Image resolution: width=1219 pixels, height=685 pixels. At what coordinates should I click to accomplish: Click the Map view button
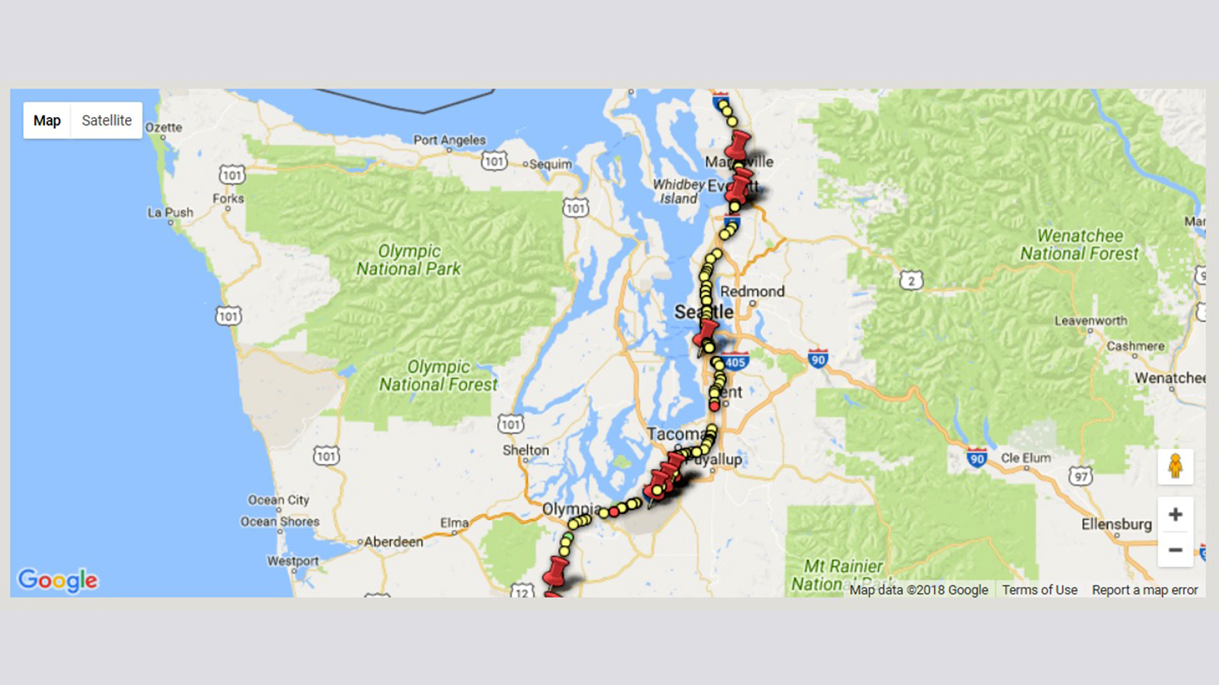tap(47, 120)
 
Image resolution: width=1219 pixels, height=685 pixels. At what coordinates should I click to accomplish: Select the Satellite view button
tap(107, 120)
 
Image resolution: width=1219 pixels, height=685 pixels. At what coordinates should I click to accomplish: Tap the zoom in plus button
tap(1175, 515)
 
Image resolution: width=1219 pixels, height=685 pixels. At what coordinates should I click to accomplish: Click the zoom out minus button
tap(1175, 550)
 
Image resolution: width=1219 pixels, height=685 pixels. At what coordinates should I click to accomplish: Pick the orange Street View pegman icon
tap(1175, 466)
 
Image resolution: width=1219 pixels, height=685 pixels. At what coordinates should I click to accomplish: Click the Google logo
tap(58, 580)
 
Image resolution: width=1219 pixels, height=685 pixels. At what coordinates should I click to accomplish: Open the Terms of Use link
tap(1039, 590)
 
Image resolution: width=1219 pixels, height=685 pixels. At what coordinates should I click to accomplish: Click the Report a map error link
tap(1145, 590)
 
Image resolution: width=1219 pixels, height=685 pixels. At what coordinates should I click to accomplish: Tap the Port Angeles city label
tap(450, 140)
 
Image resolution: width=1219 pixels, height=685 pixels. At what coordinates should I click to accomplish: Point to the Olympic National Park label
tap(408, 260)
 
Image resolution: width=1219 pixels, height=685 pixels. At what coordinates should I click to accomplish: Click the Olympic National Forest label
tap(438, 376)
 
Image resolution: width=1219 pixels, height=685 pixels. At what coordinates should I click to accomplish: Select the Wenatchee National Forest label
tap(1079, 244)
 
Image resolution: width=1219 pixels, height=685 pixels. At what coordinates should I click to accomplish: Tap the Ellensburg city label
tap(1116, 524)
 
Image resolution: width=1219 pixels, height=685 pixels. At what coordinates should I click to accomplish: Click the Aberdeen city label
tap(393, 542)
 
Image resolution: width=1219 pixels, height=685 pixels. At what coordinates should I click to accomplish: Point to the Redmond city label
tap(752, 291)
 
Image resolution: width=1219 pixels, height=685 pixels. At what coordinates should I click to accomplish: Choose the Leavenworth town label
tap(1090, 320)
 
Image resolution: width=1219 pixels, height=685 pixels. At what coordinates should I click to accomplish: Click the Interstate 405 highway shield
tap(735, 362)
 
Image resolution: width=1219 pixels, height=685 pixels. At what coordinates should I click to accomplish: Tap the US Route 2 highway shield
tap(911, 280)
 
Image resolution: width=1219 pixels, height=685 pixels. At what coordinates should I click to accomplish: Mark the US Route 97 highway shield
tap(1080, 475)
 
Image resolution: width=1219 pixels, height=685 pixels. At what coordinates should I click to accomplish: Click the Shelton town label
tap(526, 450)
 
